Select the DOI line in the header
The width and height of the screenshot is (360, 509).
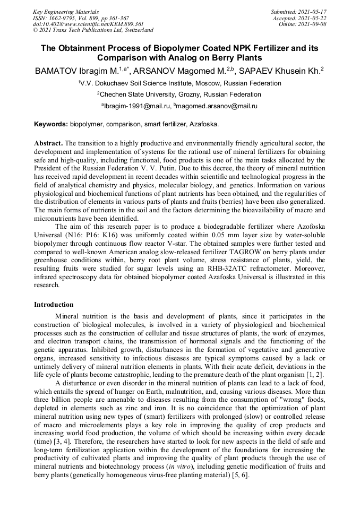tap(88, 24)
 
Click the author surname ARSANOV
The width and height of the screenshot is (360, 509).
tap(153, 70)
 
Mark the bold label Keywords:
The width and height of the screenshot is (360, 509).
tap(51, 124)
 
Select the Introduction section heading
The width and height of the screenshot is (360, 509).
tap(54, 305)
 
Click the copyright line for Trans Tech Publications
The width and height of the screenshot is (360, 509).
tap(93, 30)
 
